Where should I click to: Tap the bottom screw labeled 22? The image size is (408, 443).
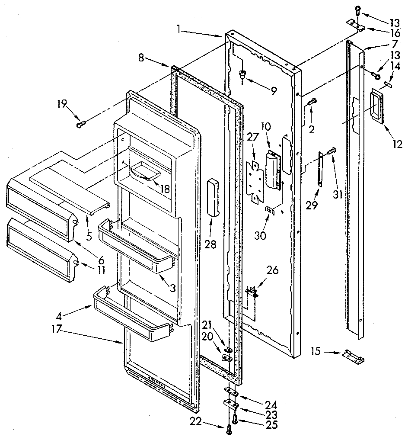click(228, 429)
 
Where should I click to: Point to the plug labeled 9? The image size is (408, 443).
click(244, 74)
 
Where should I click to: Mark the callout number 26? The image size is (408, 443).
click(272, 271)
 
